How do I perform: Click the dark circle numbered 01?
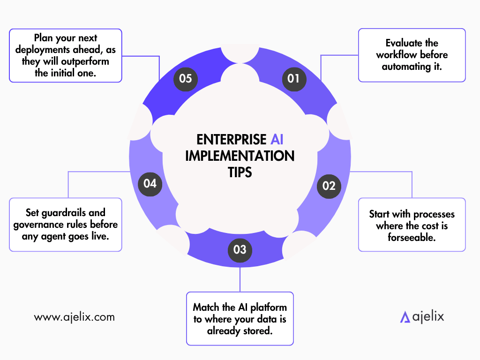[x=294, y=79]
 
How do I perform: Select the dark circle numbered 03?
[x=240, y=250]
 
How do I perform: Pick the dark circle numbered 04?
[x=150, y=184]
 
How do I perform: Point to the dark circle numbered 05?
[x=186, y=79]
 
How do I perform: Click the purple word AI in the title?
[x=277, y=140]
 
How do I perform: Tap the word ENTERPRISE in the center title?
[x=232, y=140]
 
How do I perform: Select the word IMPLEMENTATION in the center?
[x=240, y=156]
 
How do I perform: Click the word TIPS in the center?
[x=240, y=172]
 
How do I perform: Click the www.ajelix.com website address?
[x=75, y=317]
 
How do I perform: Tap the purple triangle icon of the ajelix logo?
[x=405, y=317]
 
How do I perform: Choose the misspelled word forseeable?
[x=412, y=237]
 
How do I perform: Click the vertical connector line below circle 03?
[x=240, y=279]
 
